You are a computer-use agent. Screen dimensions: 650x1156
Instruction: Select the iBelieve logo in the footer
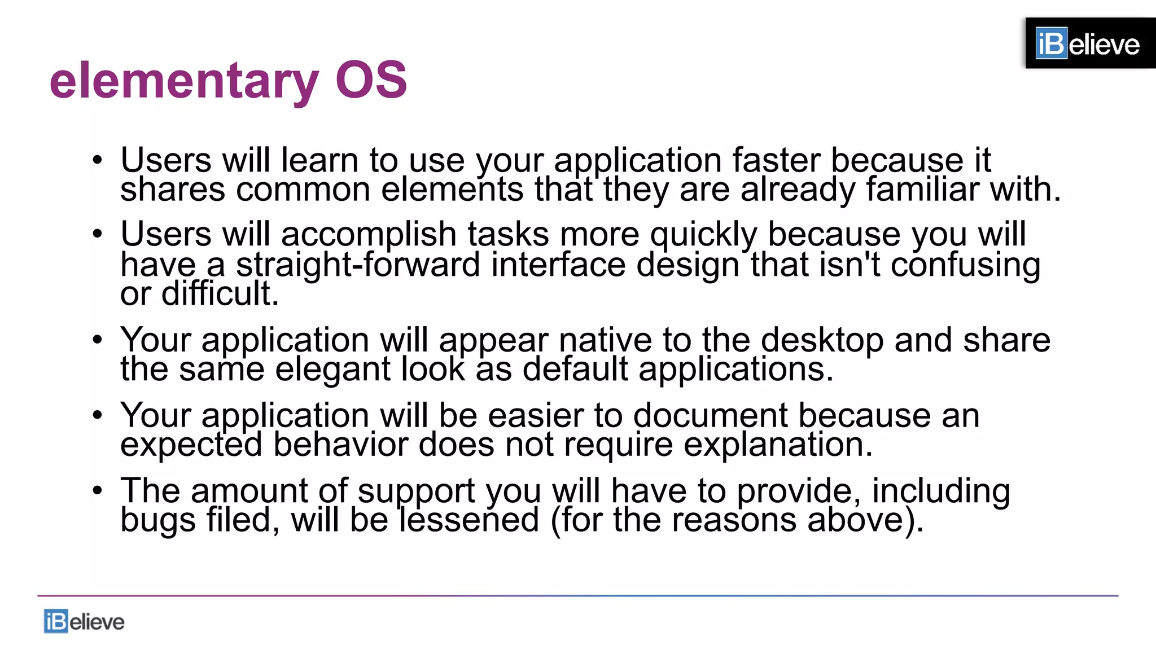click(x=84, y=621)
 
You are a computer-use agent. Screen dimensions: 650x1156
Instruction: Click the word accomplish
click(x=369, y=234)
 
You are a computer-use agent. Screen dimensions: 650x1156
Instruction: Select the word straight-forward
click(x=358, y=265)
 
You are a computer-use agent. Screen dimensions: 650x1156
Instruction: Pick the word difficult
click(x=220, y=294)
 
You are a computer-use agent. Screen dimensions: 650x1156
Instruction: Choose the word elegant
click(x=332, y=370)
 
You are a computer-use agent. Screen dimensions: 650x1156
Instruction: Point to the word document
click(x=711, y=416)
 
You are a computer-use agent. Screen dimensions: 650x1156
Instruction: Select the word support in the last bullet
click(x=416, y=491)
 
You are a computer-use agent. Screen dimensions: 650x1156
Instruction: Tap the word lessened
click(x=469, y=520)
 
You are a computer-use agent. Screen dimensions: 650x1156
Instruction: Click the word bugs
click(x=157, y=520)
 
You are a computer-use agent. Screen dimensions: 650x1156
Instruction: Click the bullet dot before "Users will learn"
click(x=98, y=160)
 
